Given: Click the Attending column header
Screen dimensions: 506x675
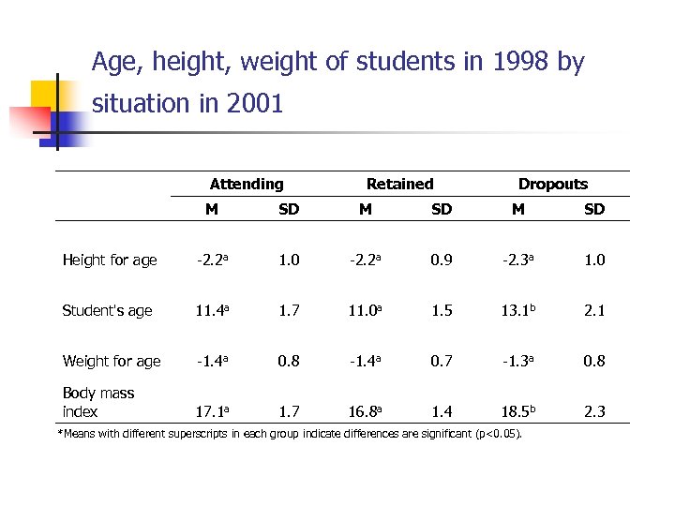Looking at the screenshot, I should pyautogui.click(x=247, y=185).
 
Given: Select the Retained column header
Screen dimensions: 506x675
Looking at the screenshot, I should pyautogui.click(x=400, y=185).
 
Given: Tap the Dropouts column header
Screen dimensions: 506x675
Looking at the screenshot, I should pyautogui.click(x=553, y=185).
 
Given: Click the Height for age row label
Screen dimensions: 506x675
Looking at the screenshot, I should pyautogui.click(x=110, y=260).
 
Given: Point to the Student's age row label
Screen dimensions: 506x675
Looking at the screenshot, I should pyautogui.click(x=107, y=311).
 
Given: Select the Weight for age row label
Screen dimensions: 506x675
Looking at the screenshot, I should pyautogui.click(x=112, y=361).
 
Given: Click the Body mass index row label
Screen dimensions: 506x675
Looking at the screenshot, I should pyautogui.click(x=98, y=402).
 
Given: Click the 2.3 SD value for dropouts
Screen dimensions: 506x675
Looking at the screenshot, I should pyautogui.click(x=594, y=412).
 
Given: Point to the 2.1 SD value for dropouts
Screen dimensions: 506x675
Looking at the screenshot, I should pyautogui.click(x=594, y=311).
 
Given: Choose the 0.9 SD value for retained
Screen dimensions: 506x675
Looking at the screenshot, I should pyautogui.click(x=442, y=260).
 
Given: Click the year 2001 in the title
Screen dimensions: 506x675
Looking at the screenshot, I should pyautogui.click(x=254, y=104).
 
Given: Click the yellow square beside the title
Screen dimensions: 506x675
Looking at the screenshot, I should pyautogui.click(x=46, y=94).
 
